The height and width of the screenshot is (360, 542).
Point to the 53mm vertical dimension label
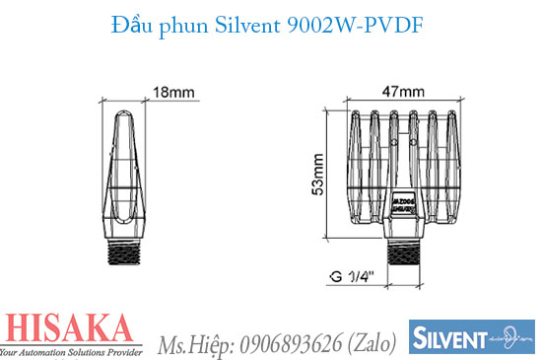point(317,173)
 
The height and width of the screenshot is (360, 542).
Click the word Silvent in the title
point(246,27)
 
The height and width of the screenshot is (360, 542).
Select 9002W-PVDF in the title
point(353,27)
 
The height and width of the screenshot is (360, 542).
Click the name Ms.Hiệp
point(194,342)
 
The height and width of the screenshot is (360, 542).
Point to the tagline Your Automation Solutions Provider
point(78,351)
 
